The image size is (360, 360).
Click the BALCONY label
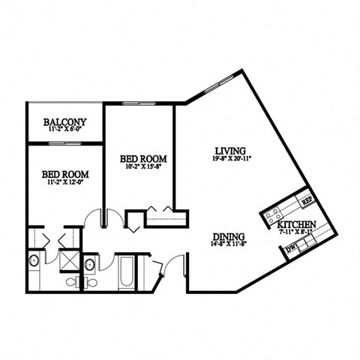pos(64,121)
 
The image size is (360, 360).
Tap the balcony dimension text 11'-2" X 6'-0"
pos(64,130)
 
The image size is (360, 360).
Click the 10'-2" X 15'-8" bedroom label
pos(142,159)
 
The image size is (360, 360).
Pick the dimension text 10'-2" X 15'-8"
pos(142,168)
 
